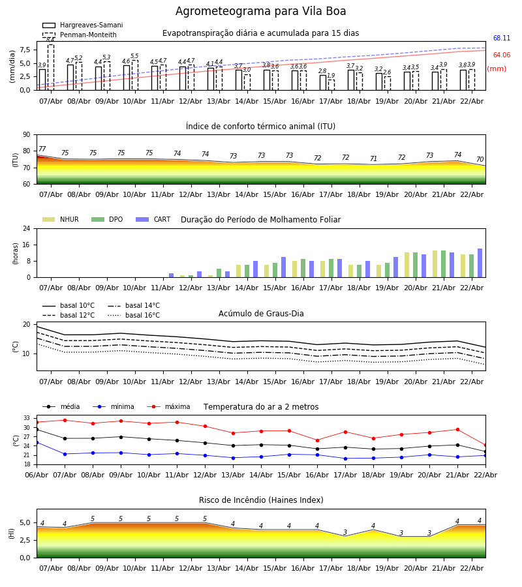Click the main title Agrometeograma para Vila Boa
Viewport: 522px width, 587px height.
coord(261,11)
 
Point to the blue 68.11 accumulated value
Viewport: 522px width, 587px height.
coord(501,38)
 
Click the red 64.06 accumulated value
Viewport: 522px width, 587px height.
coord(501,55)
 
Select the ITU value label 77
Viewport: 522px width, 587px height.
coord(42,149)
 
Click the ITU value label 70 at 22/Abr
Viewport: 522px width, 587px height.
coord(480,160)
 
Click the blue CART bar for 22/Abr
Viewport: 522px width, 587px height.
coord(480,263)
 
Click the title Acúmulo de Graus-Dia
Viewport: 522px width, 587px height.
coord(261,314)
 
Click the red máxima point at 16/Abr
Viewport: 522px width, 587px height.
coord(317,440)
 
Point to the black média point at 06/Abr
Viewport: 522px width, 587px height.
coord(37,429)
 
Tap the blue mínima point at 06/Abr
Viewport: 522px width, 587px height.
coord(37,442)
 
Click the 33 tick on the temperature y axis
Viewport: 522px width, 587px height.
coord(27,418)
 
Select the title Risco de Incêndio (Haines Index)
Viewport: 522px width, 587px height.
coord(261,500)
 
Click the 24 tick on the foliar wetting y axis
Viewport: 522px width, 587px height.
coord(27,228)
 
